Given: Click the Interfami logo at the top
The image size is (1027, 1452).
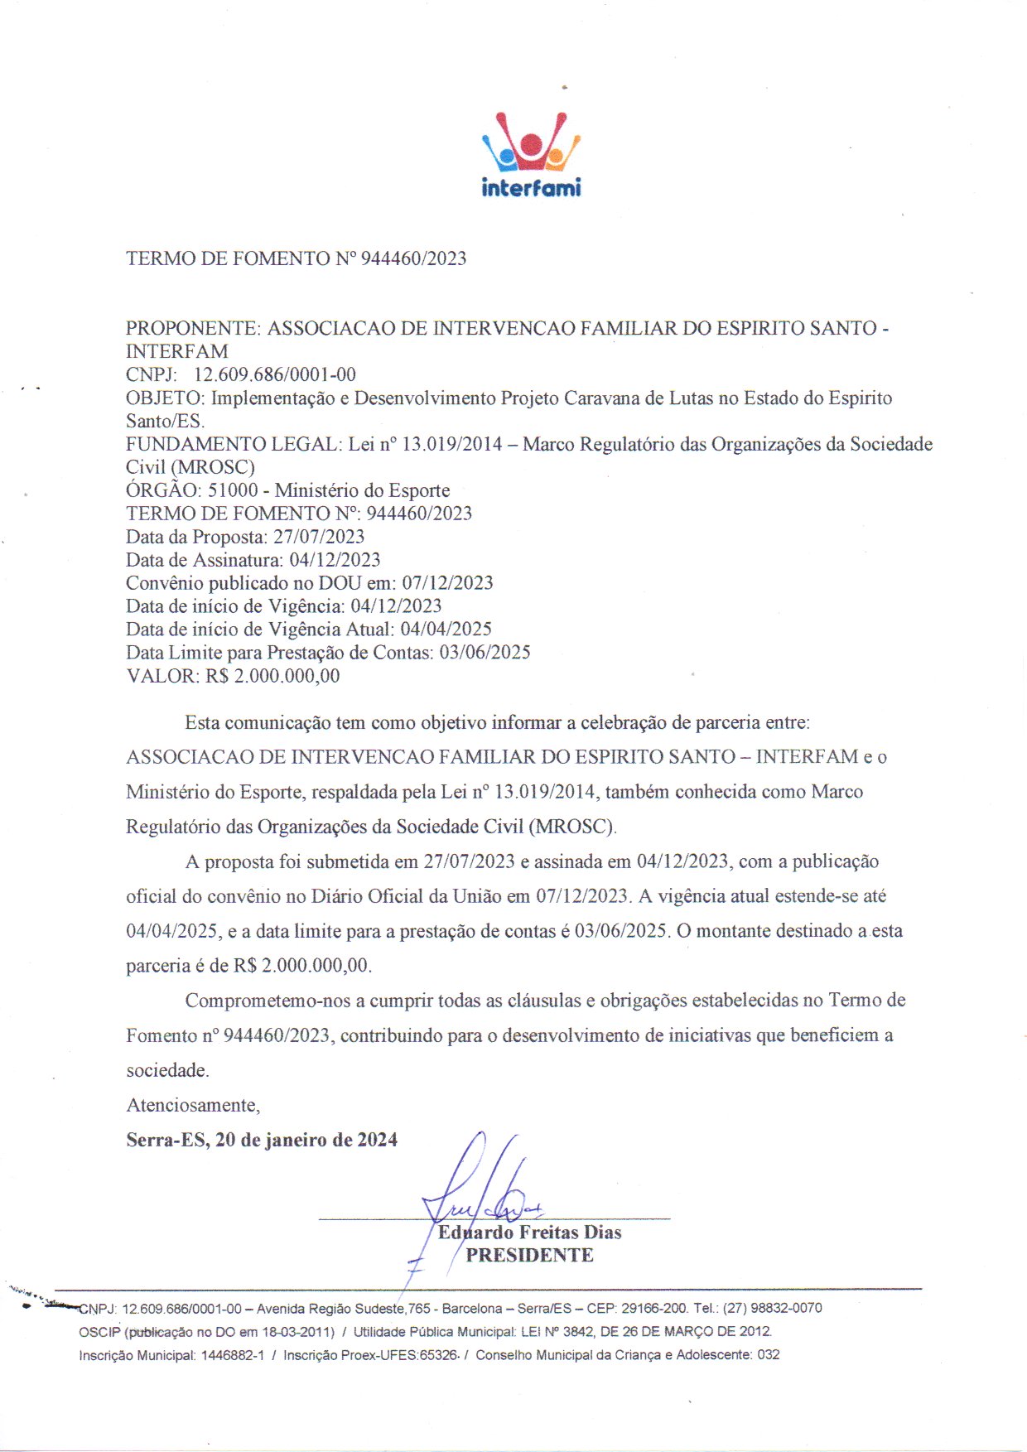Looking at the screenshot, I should [531, 156].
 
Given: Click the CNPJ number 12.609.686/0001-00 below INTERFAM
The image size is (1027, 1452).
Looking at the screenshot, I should [274, 374].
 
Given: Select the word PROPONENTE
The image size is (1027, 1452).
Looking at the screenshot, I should [192, 328].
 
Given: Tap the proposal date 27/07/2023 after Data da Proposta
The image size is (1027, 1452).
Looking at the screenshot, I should [319, 537].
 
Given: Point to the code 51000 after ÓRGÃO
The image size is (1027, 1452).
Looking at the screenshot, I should [234, 490].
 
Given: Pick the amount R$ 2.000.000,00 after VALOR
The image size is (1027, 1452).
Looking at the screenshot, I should [272, 676].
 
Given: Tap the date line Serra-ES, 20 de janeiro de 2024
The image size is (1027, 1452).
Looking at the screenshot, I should [262, 1140].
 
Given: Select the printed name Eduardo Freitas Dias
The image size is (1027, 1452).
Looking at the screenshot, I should [530, 1233].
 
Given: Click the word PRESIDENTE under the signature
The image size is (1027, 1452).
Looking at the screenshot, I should [529, 1256].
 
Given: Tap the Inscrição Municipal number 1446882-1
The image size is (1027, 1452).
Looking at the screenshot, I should [233, 1355].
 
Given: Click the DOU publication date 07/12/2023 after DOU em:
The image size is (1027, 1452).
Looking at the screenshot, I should [447, 583].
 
